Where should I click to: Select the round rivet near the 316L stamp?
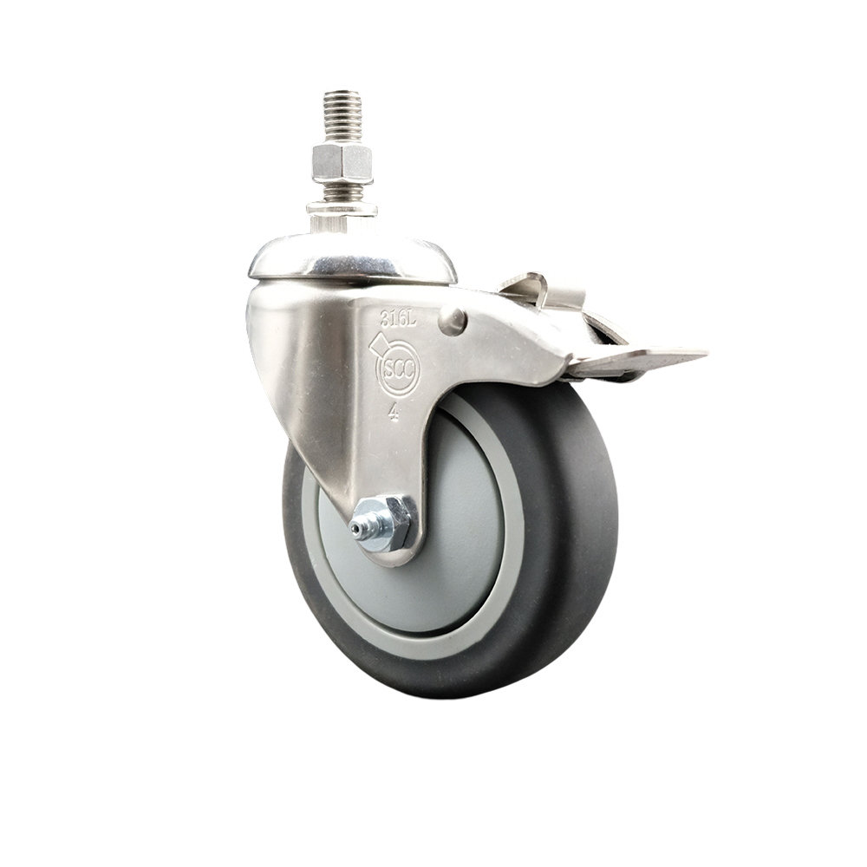tap(453, 321)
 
